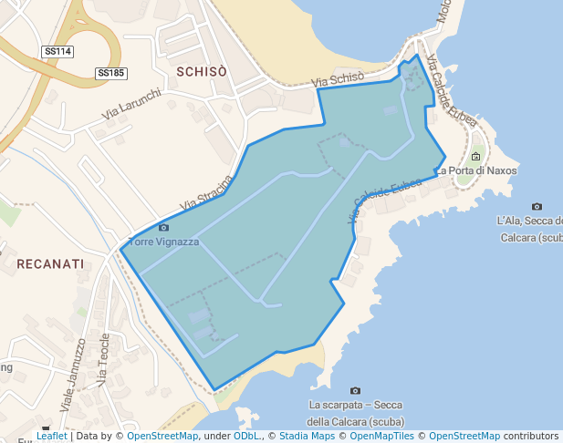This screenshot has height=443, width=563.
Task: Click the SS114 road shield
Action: (x=57, y=52)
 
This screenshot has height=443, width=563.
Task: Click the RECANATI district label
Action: (x=50, y=263)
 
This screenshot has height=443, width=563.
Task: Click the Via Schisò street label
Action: (x=338, y=81)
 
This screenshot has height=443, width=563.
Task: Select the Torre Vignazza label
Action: (x=164, y=242)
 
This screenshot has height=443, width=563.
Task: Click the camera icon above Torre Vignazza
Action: (x=163, y=227)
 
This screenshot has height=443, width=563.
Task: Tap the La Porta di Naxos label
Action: (x=475, y=170)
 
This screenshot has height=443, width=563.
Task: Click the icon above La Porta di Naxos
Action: (x=475, y=157)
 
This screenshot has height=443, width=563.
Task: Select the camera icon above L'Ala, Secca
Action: (x=537, y=207)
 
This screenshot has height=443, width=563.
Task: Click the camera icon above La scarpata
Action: (x=355, y=391)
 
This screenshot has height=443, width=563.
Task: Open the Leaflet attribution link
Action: (x=51, y=436)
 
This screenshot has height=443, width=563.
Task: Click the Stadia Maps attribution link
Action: (x=307, y=436)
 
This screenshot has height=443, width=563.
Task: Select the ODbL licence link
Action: (x=245, y=436)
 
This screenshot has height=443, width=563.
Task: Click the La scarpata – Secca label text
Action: (x=355, y=406)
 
